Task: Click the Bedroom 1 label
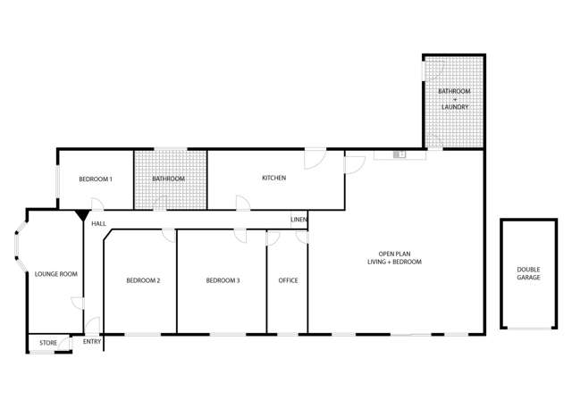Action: click(96, 179)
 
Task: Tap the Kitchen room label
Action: click(274, 178)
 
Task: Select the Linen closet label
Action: click(299, 220)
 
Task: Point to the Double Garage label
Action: click(528, 273)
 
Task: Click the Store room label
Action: click(48, 343)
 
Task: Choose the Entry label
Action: click(92, 342)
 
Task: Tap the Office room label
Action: click(288, 280)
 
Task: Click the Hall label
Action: click(99, 224)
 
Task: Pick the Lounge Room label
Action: click(56, 274)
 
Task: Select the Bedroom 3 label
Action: click(223, 280)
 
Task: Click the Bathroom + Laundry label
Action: click(455, 99)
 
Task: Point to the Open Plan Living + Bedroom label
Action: click(394, 258)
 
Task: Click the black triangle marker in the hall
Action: click(82, 215)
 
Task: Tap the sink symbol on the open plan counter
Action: click(400, 154)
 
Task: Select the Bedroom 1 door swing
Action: click(97, 204)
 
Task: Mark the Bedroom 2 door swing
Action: click(169, 236)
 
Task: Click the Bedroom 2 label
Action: click(143, 280)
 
